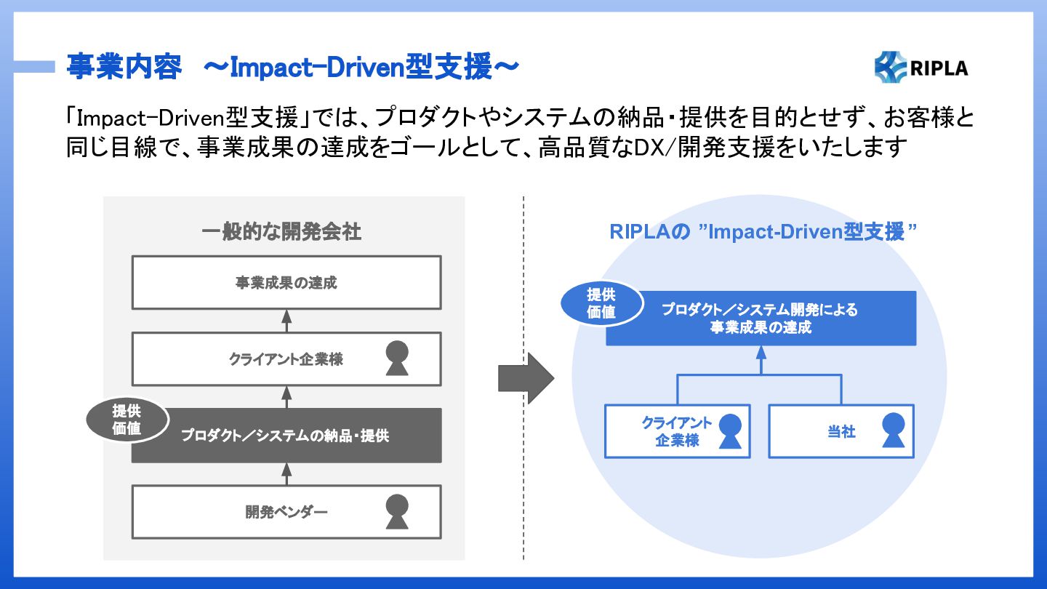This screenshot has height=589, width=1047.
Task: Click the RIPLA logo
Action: pyautogui.click(x=921, y=68)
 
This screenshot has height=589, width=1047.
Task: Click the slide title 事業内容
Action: pyautogui.click(x=124, y=67)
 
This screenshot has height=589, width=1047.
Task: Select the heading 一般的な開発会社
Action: pyautogui.click(x=281, y=232)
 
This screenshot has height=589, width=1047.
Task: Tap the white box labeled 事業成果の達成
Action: pyautogui.click(x=286, y=282)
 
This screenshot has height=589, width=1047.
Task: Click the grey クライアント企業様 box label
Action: pyautogui.click(x=286, y=359)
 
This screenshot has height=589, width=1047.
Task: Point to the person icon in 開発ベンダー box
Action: pyautogui.click(x=397, y=512)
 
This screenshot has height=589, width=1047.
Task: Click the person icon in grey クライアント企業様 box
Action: pyautogui.click(x=397, y=358)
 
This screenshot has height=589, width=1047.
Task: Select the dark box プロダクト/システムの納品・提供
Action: pyautogui.click(x=286, y=435)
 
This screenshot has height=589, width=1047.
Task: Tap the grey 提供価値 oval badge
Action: pyautogui.click(x=127, y=420)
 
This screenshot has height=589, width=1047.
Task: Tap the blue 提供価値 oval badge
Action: pyautogui.click(x=601, y=303)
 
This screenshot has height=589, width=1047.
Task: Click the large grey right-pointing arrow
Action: pyautogui.click(x=526, y=378)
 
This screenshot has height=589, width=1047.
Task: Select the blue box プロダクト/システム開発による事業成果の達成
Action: pyautogui.click(x=761, y=318)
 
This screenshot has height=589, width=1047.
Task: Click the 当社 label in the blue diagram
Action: pyautogui.click(x=841, y=431)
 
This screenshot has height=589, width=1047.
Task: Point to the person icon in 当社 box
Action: pyautogui.click(x=893, y=430)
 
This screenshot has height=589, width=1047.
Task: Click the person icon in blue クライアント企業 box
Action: pyautogui.click(x=730, y=431)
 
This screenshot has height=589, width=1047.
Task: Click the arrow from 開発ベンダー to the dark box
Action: pyautogui.click(x=286, y=474)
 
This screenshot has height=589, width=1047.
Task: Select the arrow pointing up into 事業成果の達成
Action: pyautogui.click(x=286, y=321)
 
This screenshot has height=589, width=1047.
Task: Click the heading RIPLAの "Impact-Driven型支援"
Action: pyautogui.click(x=763, y=232)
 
